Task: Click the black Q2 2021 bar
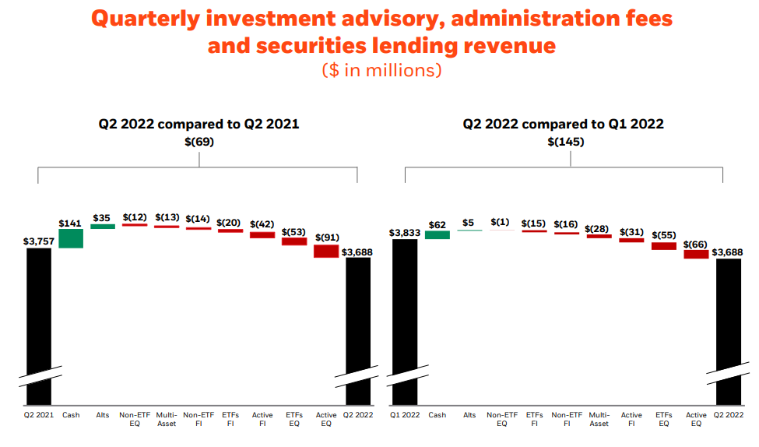pyautogui.click(x=38, y=311)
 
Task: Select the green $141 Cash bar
pyautogui.click(x=71, y=238)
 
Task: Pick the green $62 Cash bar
pyautogui.click(x=437, y=234)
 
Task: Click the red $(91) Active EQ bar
pyautogui.click(x=326, y=251)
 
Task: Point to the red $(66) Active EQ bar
pyautogui.click(x=696, y=254)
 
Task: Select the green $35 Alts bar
pyautogui.click(x=103, y=227)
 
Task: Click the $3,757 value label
pyautogui.click(x=39, y=241)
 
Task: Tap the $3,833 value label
pyautogui.click(x=405, y=232)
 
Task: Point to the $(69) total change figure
pyautogui.click(x=199, y=142)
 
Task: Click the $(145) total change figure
pyautogui.click(x=566, y=142)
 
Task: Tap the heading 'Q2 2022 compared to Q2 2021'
pyautogui.click(x=199, y=124)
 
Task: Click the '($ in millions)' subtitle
pyautogui.click(x=381, y=70)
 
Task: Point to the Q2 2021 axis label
pyautogui.click(x=38, y=415)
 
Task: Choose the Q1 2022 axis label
pyautogui.click(x=405, y=415)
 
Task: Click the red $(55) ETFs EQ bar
pyautogui.click(x=664, y=246)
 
